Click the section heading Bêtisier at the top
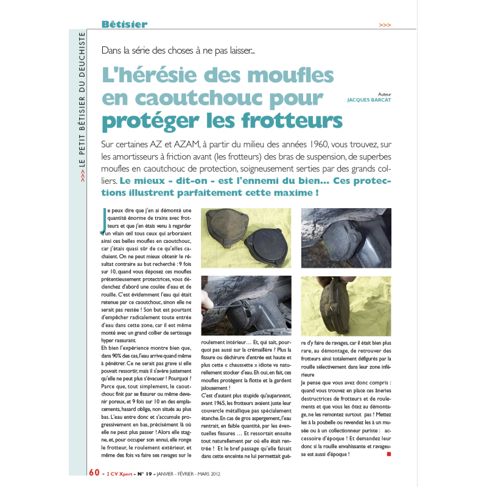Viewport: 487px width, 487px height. pyautogui.click(x=124, y=25)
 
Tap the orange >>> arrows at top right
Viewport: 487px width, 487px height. pyautogui.click(x=385, y=26)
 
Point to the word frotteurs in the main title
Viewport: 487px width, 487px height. pyautogui.click(x=285, y=120)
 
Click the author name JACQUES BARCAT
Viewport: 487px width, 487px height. pyautogui.click(x=369, y=100)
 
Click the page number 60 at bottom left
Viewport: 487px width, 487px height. pyautogui.click(x=94, y=472)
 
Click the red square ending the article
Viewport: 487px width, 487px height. pyautogui.click(x=388, y=453)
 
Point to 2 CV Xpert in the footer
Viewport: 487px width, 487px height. pyautogui.click(x=121, y=472)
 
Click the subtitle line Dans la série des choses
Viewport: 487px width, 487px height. pyautogui.click(x=178, y=51)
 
